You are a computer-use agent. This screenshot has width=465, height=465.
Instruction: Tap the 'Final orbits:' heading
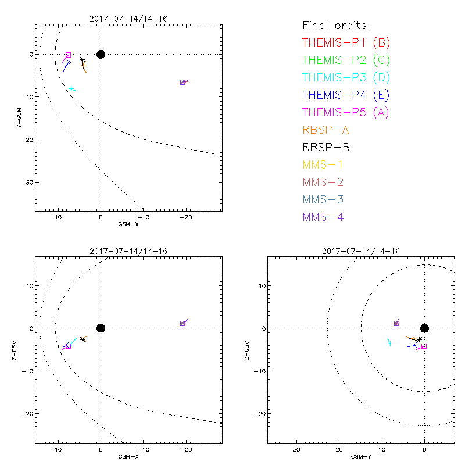pos(336,25)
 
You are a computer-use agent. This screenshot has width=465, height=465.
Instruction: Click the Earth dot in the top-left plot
pos(101,54)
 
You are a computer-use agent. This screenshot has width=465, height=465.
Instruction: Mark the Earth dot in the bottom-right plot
pos(424,328)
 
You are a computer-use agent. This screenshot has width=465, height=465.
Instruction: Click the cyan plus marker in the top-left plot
pos(71,89)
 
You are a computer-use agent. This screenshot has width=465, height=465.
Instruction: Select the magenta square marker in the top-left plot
pos(68,55)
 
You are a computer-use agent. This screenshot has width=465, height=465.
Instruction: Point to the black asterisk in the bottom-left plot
pos(83,339)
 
